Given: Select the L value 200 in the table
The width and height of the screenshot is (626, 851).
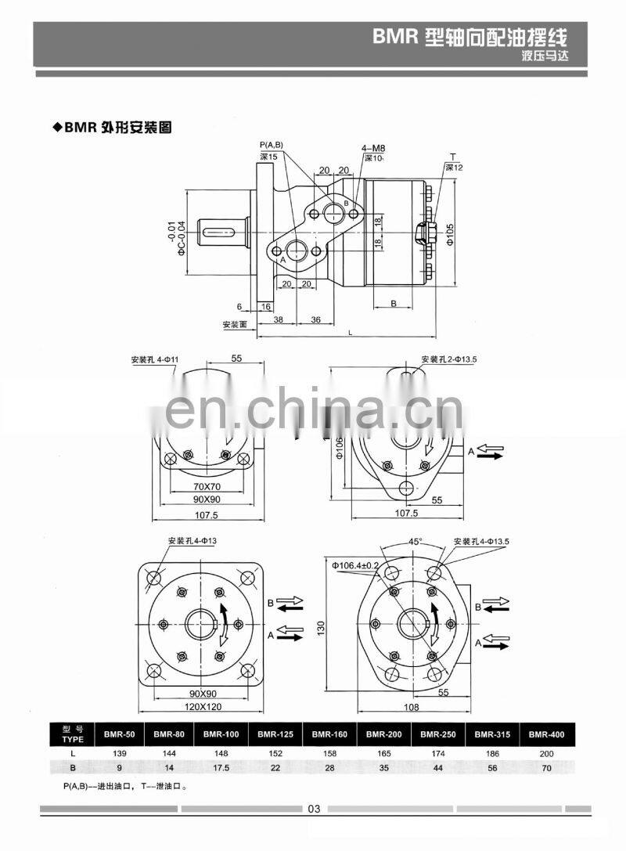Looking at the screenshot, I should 546,752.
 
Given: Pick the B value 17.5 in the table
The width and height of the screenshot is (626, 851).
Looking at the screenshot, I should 221,767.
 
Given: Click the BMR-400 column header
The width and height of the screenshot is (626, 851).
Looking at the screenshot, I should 546,734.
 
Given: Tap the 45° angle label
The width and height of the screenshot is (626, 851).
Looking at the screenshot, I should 416,541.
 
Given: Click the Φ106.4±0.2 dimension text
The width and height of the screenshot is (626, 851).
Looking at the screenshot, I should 356,565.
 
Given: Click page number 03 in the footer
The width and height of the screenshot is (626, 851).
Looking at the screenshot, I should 314,809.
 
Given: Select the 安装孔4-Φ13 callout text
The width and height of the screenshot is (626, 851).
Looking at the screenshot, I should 192,541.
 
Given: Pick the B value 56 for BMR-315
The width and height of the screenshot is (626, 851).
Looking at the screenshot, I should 492,767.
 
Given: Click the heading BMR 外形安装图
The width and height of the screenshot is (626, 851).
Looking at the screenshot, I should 113,126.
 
